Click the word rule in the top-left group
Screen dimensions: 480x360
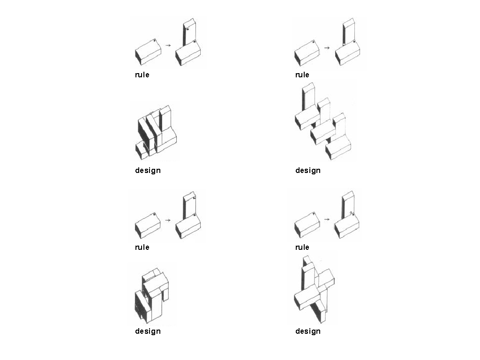tap(142, 75)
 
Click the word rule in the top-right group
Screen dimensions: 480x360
tap(302, 75)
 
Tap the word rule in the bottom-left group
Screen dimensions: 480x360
tap(142, 247)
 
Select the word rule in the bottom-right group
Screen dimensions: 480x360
tap(302, 247)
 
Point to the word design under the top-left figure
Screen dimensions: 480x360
tap(148, 171)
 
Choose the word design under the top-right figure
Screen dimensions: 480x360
tap(308, 171)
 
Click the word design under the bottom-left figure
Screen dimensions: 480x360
tap(148, 331)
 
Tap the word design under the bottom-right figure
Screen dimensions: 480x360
tap(308, 331)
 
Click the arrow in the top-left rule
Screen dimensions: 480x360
tap(168, 45)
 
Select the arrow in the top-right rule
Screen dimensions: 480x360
tap(327, 48)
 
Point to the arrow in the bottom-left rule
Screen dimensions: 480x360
tap(168, 220)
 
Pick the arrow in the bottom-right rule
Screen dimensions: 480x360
tap(327, 219)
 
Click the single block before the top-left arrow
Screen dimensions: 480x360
tap(148, 52)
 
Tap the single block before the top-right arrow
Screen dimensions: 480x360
tap(307, 53)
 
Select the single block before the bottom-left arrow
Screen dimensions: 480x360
tap(148, 225)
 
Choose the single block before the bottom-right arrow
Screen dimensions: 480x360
tap(307, 225)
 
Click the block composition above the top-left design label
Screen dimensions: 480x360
tap(156, 132)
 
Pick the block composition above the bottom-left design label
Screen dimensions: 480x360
tap(152, 296)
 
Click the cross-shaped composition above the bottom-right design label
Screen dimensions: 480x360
tap(314, 289)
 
